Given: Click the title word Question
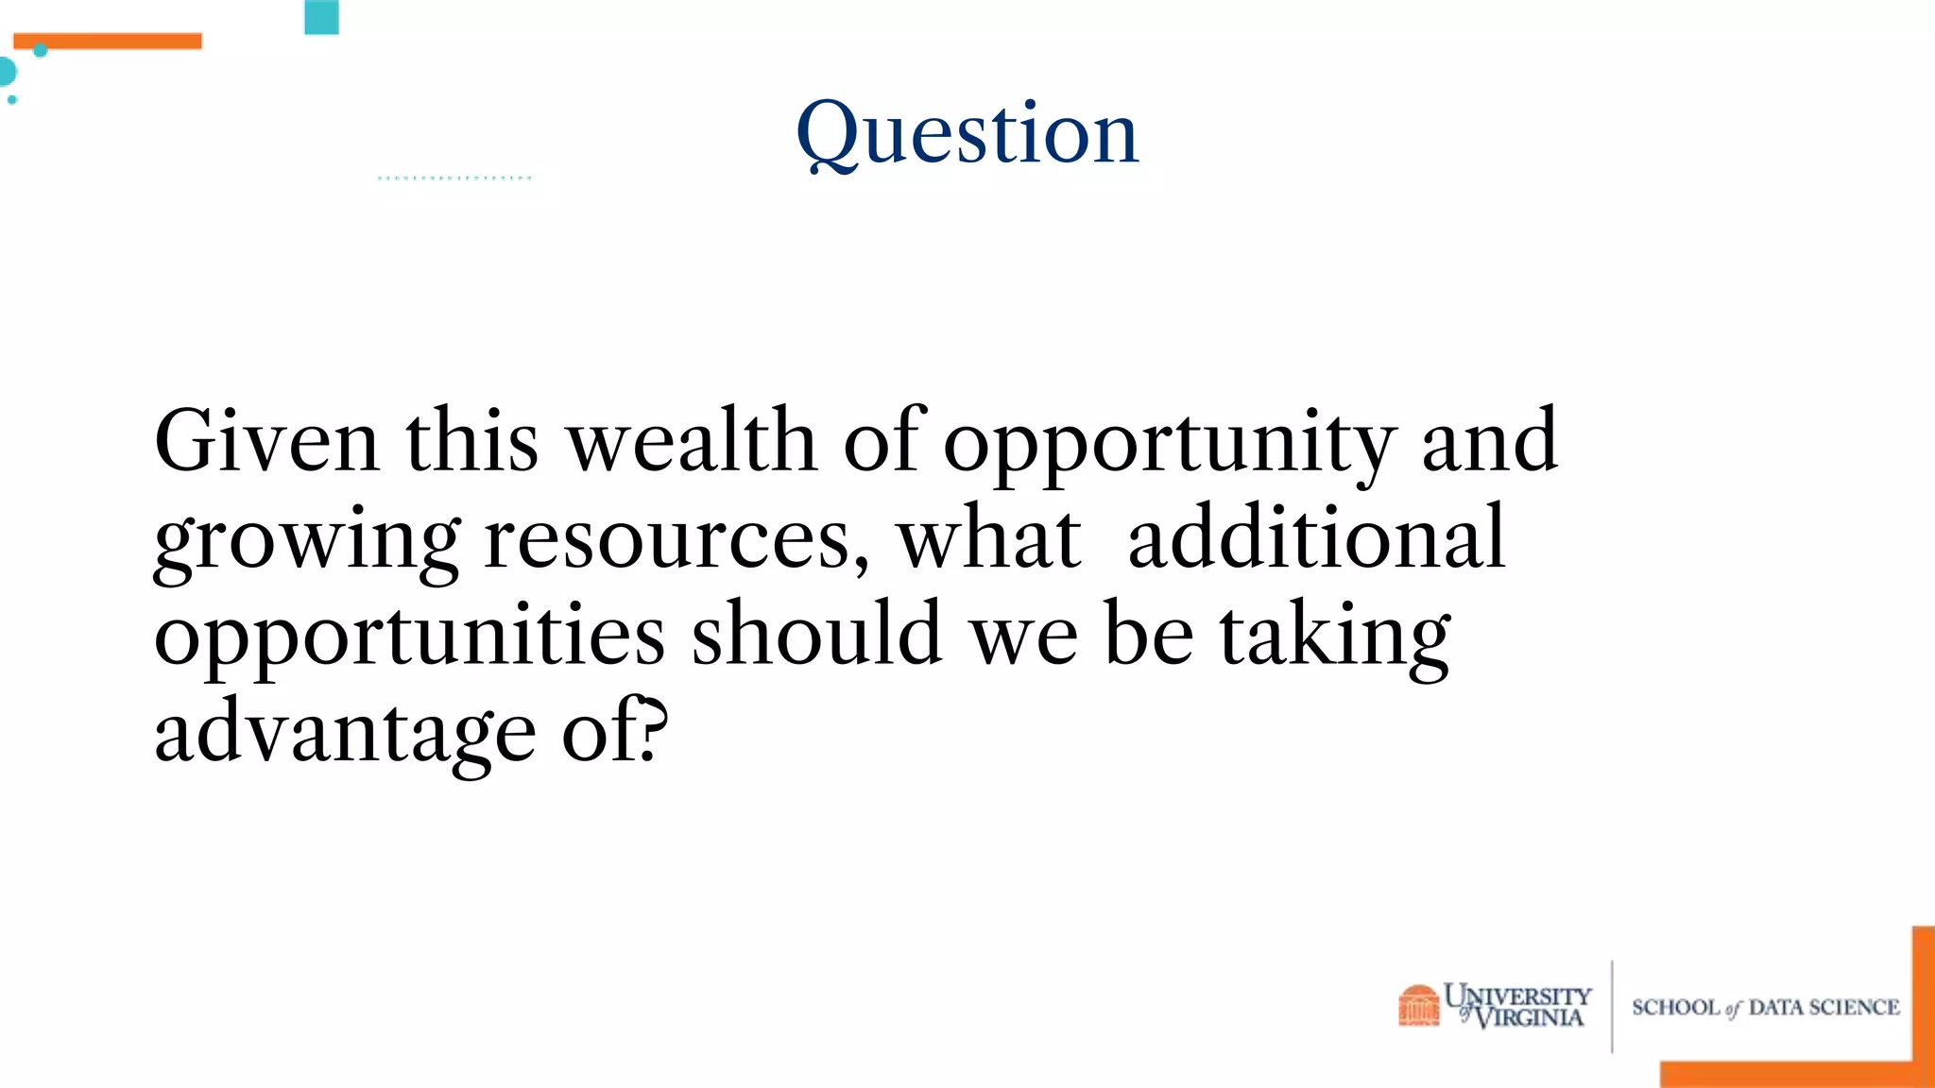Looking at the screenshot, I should [x=967, y=134].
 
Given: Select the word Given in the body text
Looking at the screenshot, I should [x=266, y=441].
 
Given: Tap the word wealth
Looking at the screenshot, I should [x=692, y=441].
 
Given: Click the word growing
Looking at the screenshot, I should [x=307, y=541].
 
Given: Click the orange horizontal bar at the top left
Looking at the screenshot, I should [x=108, y=41].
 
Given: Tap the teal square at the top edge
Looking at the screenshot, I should [x=321, y=17].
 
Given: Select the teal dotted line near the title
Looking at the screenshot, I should [x=454, y=178].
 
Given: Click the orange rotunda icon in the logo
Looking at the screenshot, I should [x=1418, y=1005].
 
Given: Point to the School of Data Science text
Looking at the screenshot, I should [x=1765, y=1008].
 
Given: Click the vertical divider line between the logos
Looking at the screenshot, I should [x=1612, y=1006].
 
